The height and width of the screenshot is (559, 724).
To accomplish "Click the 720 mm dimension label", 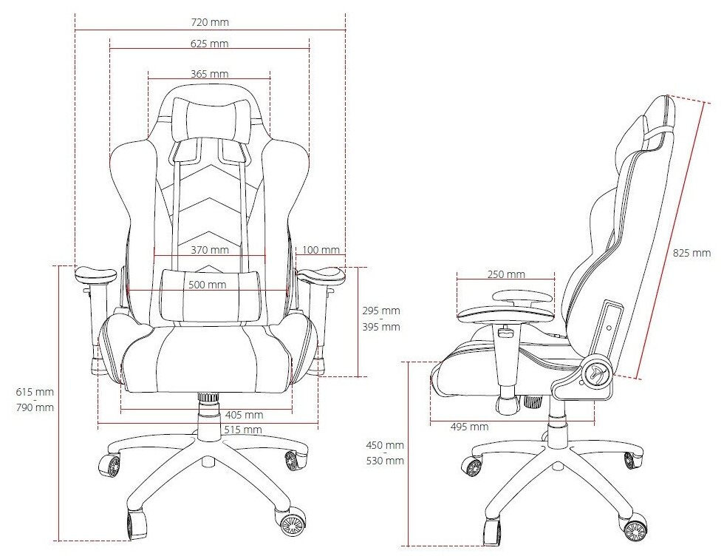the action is pos(210,22).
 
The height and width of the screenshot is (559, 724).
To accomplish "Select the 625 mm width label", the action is pos(209,44).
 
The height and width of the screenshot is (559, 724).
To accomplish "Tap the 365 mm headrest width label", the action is pos(209,74).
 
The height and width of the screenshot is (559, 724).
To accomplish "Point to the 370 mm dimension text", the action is pos(209,250).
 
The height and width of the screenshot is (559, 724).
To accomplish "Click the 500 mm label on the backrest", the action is pos(207,285).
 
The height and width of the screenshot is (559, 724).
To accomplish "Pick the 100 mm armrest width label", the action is pos(321,250).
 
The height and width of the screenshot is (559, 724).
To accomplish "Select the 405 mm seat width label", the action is pos(244,415).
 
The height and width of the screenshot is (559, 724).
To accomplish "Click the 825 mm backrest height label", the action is pos(692,253).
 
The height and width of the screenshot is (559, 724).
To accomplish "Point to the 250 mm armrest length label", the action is pos(507,274).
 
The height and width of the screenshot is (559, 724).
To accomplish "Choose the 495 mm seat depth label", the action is pos(469,427).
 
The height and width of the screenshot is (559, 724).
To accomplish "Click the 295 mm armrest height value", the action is pos(381,310).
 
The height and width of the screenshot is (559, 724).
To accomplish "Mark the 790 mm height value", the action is pos(36,407).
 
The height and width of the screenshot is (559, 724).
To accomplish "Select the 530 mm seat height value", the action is pos(386,461).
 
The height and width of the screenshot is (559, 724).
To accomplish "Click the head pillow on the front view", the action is pos(209,118).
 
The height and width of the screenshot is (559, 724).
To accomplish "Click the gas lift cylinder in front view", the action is pos(209,410).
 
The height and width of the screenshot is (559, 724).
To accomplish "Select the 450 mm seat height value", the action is pos(386,445).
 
